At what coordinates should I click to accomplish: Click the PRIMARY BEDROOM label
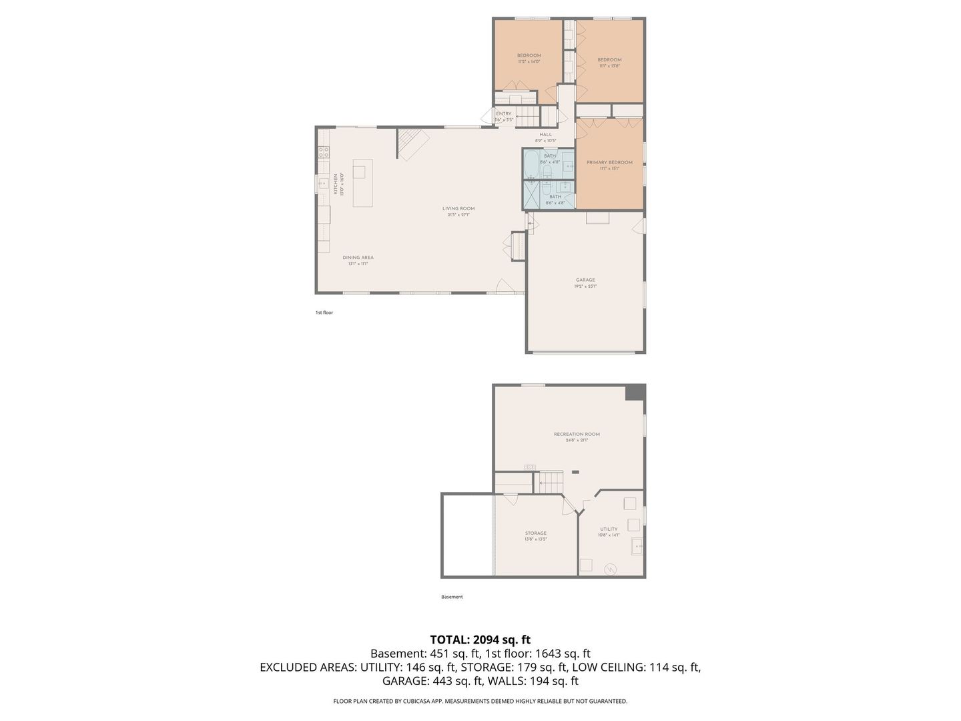(609, 162)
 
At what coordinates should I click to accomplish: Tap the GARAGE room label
(585, 280)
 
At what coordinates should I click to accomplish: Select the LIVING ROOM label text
(458, 208)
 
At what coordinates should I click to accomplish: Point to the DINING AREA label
(358, 257)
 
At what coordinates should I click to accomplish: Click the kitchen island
(362, 183)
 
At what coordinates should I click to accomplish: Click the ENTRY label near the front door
(503, 113)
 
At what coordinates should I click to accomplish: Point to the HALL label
(545, 134)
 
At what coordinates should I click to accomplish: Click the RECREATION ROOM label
(577, 434)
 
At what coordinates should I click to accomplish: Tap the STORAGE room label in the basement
(535, 533)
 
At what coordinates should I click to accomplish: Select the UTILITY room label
(609, 529)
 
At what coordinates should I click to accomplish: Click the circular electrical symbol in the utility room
(610, 569)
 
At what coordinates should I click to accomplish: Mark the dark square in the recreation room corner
(635, 393)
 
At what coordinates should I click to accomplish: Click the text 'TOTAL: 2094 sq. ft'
(480, 640)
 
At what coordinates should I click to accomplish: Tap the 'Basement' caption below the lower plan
(452, 597)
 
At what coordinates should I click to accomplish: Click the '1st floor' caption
(324, 312)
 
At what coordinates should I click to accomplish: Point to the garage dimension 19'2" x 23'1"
(585, 286)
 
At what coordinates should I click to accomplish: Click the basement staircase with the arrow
(551, 481)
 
